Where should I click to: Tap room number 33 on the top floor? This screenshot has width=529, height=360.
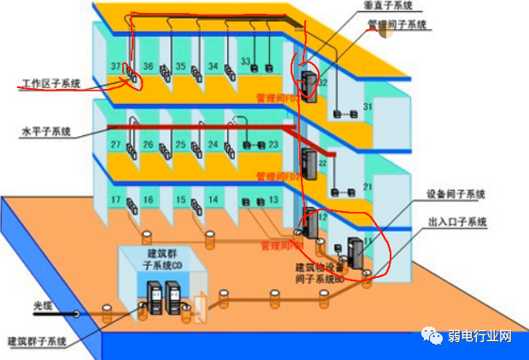click(x=244, y=62)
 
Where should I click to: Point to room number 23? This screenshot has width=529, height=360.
click(x=273, y=145)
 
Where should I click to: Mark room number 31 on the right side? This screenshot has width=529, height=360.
click(x=368, y=107)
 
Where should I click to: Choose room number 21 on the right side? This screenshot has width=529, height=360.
click(x=368, y=187)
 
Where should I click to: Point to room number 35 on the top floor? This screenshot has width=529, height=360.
click(x=180, y=66)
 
